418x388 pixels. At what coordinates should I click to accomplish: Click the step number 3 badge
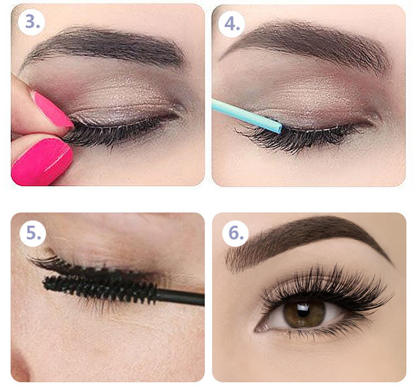(x=31, y=22)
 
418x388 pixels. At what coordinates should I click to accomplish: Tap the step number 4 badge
(x=231, y=24)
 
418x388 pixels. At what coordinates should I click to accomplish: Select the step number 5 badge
(x=33, y=233)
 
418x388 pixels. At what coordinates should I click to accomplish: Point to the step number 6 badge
(x=235, y=233)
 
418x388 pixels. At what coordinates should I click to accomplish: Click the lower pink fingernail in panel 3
(x=42, y=161)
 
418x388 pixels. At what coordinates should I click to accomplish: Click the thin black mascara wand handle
(x=181, y=296)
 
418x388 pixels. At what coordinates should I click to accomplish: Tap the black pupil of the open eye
(x=303, y=310)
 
